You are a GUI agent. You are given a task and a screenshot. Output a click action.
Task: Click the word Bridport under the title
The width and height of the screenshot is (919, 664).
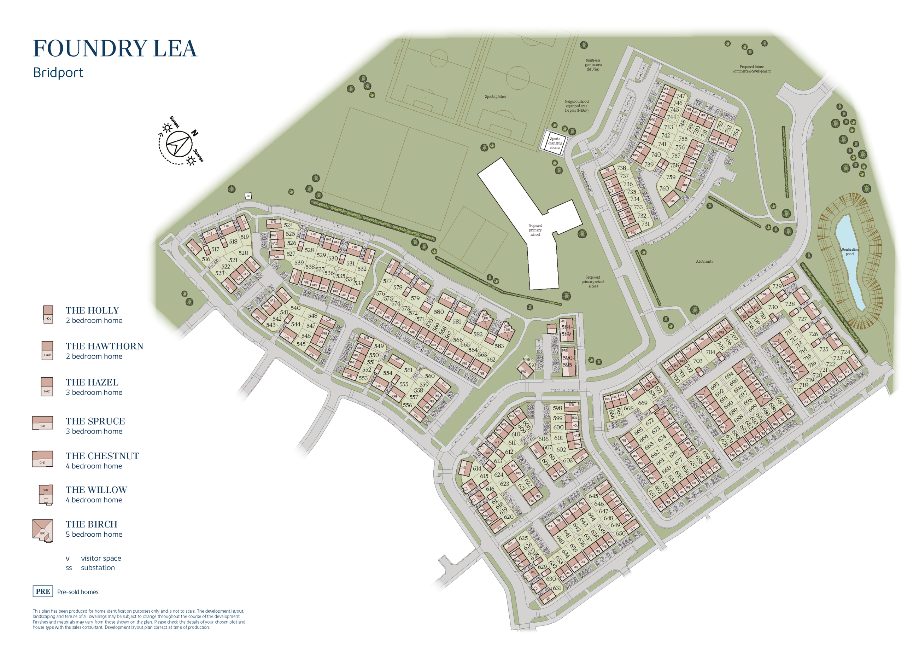(58, 72)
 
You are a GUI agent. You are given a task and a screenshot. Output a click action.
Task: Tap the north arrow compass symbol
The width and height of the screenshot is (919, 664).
(179, 144)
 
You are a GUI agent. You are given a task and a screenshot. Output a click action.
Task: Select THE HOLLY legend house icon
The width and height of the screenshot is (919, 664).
(48, 315)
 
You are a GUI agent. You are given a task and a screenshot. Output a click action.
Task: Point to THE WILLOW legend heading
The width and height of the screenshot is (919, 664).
(96, 490)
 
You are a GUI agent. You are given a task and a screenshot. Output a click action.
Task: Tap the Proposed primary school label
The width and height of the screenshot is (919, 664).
(535, 230)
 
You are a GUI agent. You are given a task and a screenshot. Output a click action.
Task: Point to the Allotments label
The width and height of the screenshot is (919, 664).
(704, 262)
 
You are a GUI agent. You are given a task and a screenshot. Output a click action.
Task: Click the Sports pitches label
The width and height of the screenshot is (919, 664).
(495, 97)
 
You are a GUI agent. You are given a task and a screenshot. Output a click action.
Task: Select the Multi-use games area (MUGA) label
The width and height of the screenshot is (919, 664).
(593, 65)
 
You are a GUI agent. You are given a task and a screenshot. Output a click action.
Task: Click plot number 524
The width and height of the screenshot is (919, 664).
(288, 225)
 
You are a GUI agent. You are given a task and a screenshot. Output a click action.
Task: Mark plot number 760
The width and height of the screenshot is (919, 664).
(664, 188)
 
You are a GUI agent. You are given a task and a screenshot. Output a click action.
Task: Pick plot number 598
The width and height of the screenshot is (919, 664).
(557, 408)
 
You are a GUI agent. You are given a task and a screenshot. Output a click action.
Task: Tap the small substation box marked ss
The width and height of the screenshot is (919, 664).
(248, 196)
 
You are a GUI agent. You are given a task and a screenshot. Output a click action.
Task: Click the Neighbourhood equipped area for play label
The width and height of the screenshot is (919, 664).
(576, 106)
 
